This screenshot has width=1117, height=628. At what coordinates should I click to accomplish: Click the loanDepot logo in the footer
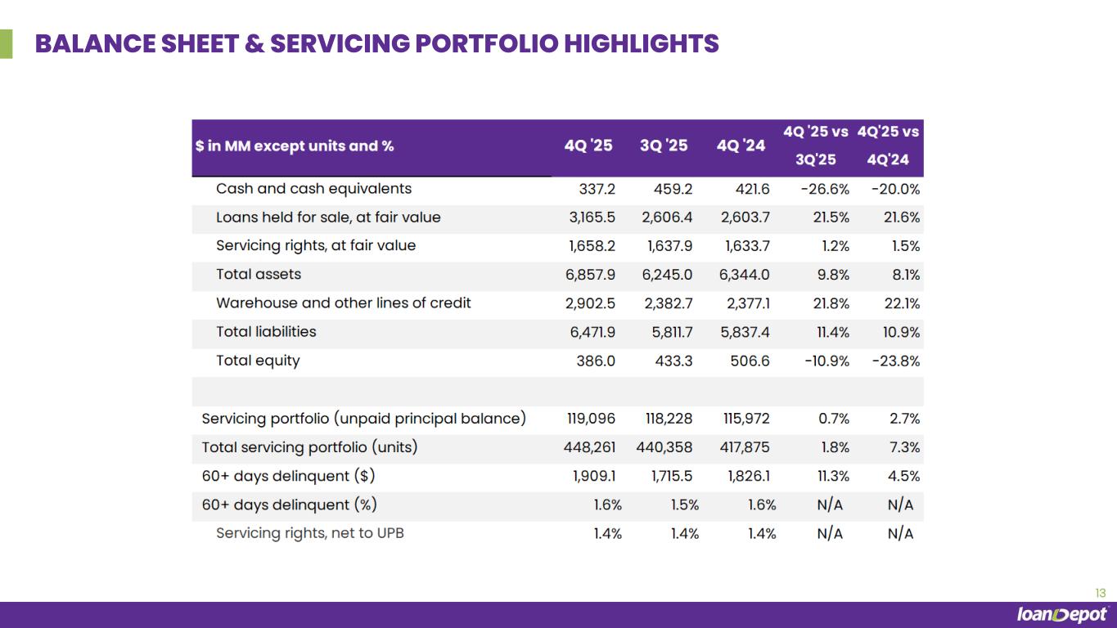point(1061,615)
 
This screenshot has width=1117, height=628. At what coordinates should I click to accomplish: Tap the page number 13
point(1100,594)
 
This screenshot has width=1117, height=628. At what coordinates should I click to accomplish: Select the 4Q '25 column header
point(588,146)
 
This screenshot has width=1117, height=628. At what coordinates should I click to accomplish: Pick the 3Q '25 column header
point(664,146)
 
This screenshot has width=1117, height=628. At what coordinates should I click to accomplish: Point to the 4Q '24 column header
point(741,146)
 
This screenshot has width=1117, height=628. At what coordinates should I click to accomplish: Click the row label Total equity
point(258,361)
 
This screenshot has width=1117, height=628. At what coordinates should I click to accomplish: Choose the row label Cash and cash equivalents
point(313,189)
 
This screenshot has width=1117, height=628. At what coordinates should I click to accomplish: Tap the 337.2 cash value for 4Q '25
point(597,189)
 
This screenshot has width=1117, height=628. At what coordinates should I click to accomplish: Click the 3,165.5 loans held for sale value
point(590,218)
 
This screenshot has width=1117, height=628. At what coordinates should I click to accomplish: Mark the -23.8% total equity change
point(896,361)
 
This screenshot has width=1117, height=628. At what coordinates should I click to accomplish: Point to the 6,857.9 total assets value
point(590,275)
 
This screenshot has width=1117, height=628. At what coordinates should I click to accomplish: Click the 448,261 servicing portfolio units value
point(589,447)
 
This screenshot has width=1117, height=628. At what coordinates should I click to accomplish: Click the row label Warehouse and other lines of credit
point(343,303)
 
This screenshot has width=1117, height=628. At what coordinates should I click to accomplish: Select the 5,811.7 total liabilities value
point(668,332)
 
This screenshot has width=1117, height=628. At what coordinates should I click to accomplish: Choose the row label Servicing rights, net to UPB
point(309,533)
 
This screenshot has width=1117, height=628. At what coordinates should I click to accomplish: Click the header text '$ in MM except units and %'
point(295,146)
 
